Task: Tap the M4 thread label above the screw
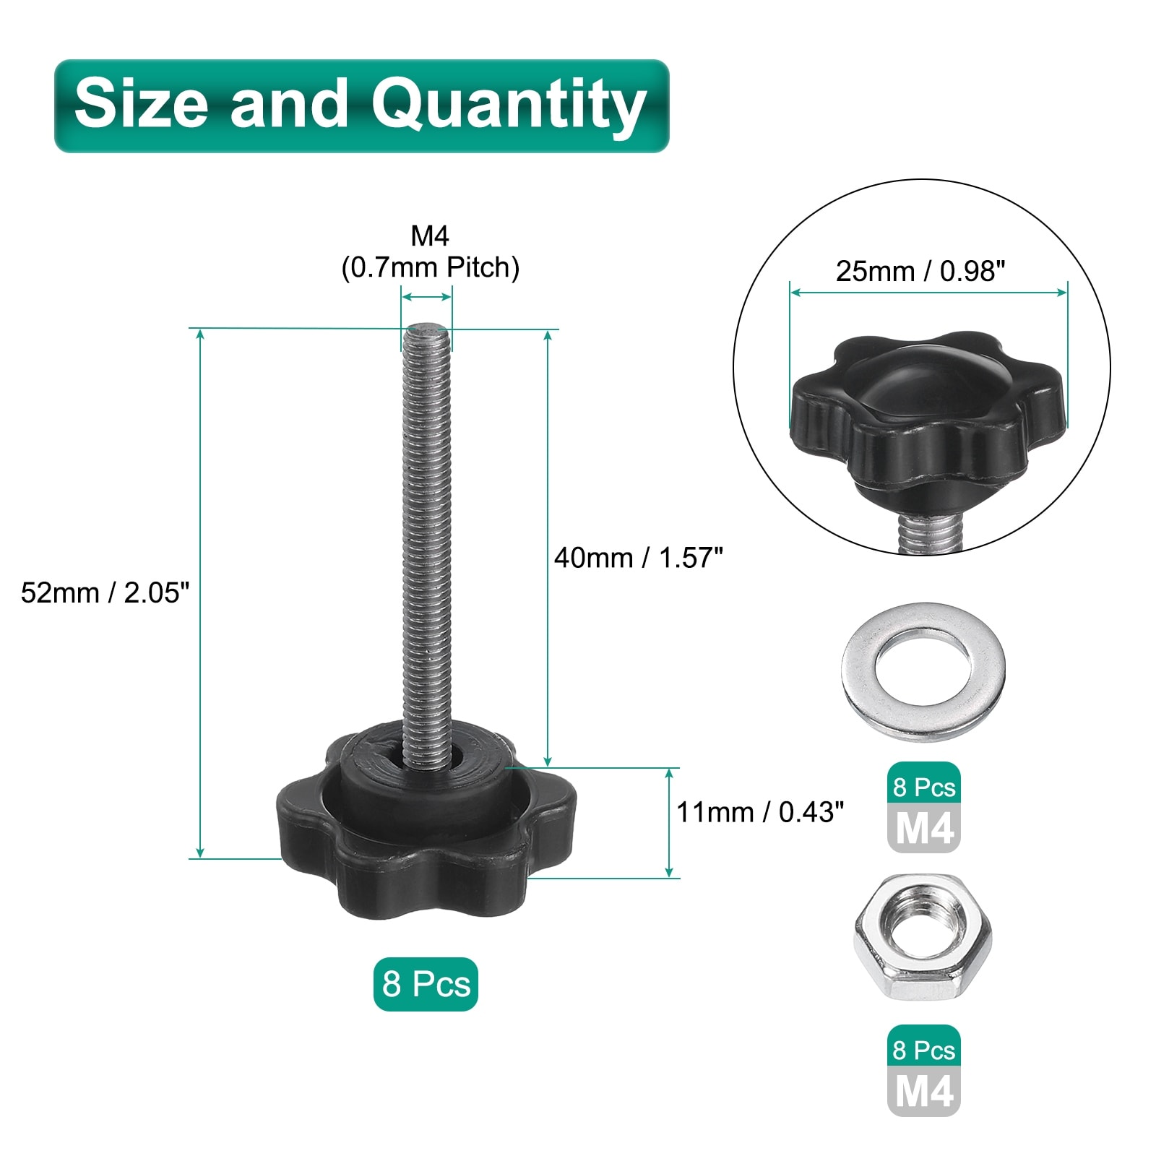430,236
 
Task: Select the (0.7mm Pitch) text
430,267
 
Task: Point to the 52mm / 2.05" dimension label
105,592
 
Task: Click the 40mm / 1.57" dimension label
638,558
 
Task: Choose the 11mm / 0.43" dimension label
760,812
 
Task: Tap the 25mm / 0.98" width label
920,271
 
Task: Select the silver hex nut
923,937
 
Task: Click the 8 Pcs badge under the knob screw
426,984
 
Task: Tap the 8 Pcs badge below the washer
924,787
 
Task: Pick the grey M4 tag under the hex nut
924,1091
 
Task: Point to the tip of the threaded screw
426,333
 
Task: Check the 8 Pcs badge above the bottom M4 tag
924,1050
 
